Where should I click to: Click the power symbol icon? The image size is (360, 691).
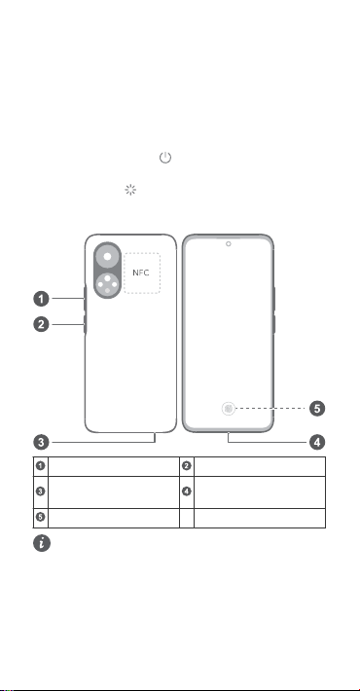[165, 158]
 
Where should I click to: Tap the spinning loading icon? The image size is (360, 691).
[130, 190]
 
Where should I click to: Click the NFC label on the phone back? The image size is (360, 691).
[141, 273]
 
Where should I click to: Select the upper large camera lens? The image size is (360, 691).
[107, 257]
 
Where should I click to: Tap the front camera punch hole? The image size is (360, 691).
[229, 243]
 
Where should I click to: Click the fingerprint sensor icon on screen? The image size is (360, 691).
[229, 409]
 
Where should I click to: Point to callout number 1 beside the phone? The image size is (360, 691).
[41, 299]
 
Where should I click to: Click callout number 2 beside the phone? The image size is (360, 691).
[41, 325]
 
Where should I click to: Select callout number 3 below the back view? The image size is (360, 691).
[41, 442]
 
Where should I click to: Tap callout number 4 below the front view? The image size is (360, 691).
[317, 442]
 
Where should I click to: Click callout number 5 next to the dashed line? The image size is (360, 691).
[317, 409]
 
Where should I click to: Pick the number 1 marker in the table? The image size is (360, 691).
[41, 466]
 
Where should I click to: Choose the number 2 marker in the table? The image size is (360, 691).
[187, 466]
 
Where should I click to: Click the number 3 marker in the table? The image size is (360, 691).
[41, 491]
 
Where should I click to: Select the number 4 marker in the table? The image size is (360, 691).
[187, 491]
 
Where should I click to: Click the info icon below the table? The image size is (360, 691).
[42, 543]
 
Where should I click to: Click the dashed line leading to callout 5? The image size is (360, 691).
[270, 409]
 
